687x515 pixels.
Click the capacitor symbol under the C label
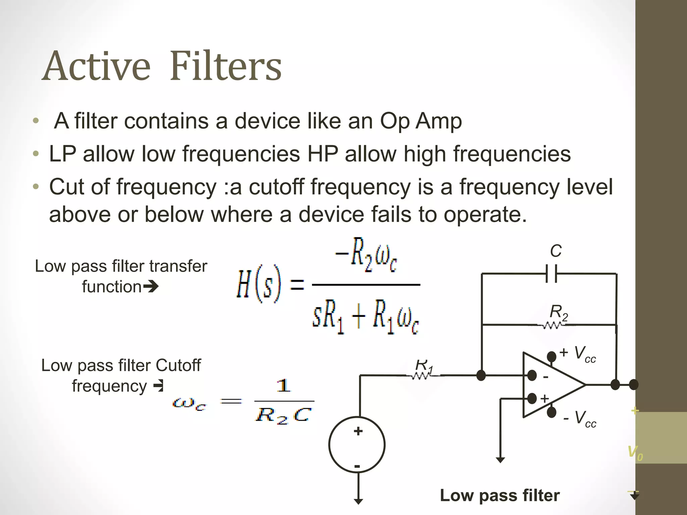point(551,274)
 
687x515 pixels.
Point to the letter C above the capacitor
point(556,251)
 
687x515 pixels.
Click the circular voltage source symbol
point(357,445)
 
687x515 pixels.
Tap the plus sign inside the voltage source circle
point(358,431)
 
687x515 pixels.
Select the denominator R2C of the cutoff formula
point(284,416)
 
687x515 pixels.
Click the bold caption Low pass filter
point(499,496)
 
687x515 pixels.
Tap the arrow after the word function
point(151,287)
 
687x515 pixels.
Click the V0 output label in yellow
point(635,453)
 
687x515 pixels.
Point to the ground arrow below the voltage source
point(358,501)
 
